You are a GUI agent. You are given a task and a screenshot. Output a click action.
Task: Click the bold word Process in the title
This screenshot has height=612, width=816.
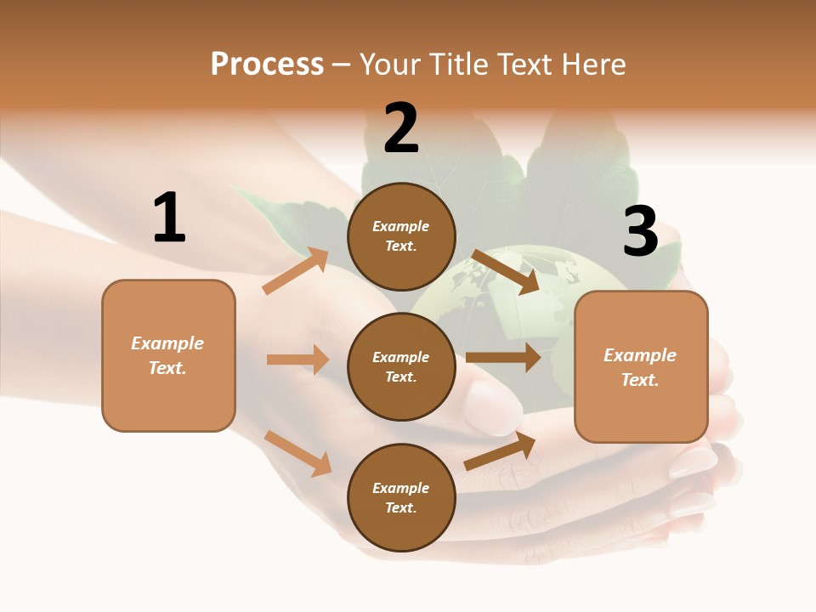tap(267, 65)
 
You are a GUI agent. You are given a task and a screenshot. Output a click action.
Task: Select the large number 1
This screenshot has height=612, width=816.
tap(169, 218)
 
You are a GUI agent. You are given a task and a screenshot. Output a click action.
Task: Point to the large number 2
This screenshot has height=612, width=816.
tap(401, 128)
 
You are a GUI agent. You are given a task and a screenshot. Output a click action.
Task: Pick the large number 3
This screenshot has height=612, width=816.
tap(640, 232)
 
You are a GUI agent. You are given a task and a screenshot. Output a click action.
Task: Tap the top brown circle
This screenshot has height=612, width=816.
tap(401, 236)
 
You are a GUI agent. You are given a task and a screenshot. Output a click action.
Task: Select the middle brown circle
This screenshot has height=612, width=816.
tap(401, 366)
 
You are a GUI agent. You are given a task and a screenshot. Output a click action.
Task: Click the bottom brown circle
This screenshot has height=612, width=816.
tap(401, 497)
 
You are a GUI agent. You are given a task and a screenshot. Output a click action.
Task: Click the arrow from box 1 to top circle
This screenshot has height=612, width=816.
tap(295, 271)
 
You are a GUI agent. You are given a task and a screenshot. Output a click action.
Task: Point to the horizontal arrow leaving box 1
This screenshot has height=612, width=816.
tap(297, 360)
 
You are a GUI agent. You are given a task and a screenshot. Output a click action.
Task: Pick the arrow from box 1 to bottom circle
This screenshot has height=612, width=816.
tap(297, 452)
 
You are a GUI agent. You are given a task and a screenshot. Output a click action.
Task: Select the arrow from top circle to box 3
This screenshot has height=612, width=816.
tap(506, 272)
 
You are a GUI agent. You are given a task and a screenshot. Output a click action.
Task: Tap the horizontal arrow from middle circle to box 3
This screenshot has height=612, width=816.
tap(503, 358)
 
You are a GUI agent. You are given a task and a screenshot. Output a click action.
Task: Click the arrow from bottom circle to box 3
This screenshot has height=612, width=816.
tap(500, 450)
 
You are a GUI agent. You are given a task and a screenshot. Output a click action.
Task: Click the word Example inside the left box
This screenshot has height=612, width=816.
tap(167, 343)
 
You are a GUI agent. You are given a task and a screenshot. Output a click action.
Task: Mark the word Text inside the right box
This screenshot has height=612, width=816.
tap(639, 380)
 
